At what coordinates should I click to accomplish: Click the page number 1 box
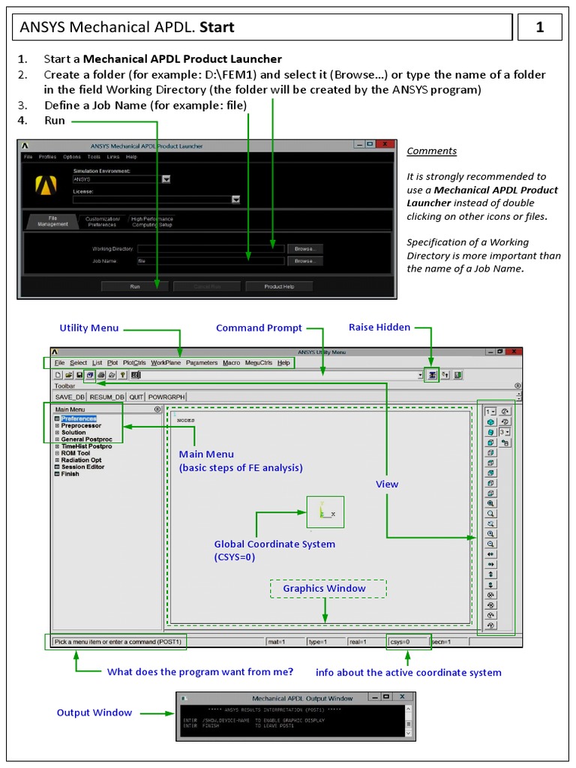click(x=539, y=28)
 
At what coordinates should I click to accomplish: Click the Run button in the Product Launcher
click(x=135, y=286)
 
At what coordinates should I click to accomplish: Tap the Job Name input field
click(x=210, y=261)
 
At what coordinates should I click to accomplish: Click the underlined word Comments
click(x=431, y=151)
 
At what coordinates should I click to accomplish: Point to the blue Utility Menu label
click(x=88, y=328)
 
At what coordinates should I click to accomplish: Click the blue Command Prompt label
click(x=259, y=328)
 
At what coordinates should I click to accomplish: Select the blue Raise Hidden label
click(x=379, y=327)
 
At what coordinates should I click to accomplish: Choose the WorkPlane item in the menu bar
click(x=165, y=363)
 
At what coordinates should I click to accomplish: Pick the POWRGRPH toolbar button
click(x=166, y=397)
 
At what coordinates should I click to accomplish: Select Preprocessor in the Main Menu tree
click(x=81, y=425)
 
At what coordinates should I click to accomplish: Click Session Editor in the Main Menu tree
click(x=82, y=466)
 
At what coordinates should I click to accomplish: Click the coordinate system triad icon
click(x=325, y=511)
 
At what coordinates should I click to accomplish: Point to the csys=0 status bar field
click(x=409, y=642)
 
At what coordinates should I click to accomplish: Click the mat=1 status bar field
click(x=285, y=642)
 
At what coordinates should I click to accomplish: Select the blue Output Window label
click(x=94, y=712)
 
